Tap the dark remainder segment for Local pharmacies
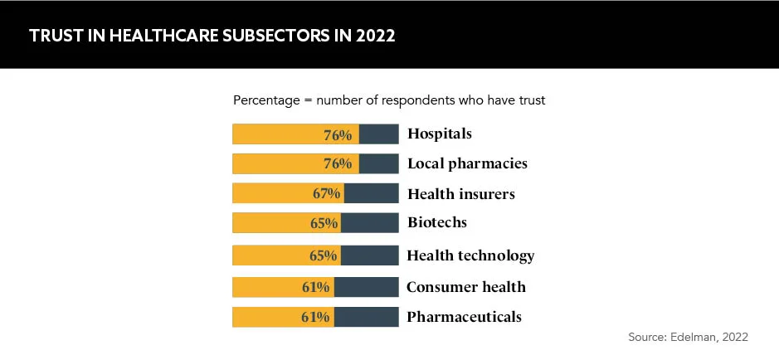coord(378,163)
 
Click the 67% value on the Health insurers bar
coord(327,193)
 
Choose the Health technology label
coord(470,255)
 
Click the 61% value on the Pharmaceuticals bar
coord(317,317)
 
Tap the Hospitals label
coord(440,134)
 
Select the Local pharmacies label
coord(467,163)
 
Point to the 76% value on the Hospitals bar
coord(338,134)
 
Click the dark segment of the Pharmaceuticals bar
coord(366,317)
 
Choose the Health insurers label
coord(461,194)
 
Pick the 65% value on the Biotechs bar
coord(324,222)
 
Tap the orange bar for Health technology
coord(274,255)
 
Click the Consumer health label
coord(466,287)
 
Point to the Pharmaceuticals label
coord(464,317)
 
